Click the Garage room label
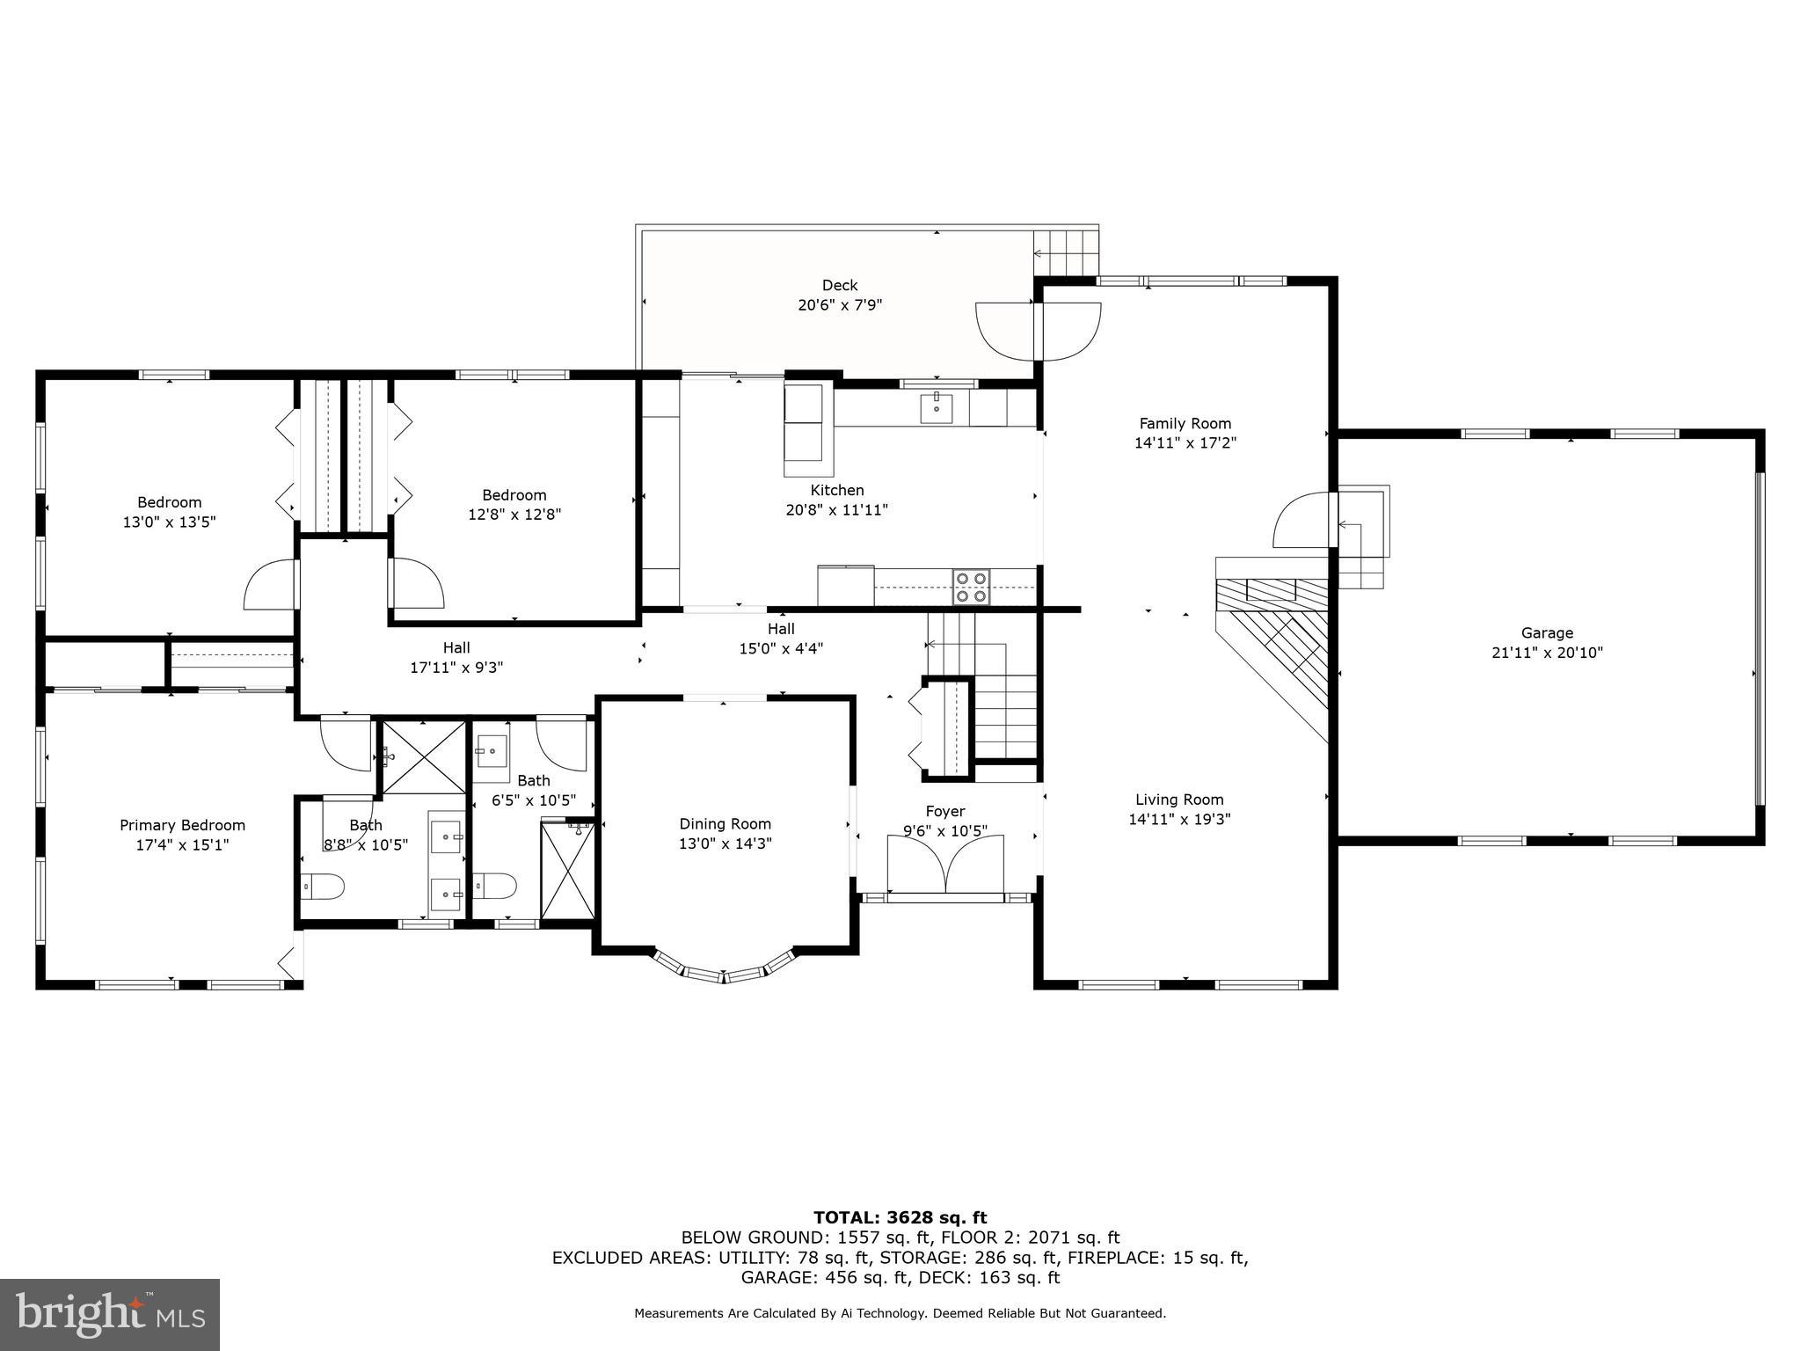pos(1547,632)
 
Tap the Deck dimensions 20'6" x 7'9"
pos(839,305)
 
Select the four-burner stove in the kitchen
pos(971,587)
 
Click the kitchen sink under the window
pos(937,406)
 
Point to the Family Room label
pos(1185,423)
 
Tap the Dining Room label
pos(725,823)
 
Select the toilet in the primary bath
pos(321,887)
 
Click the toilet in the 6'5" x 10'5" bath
pos(494,886)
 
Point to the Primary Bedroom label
pos(182,825)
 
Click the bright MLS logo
pos(110,1315)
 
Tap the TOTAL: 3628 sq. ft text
pos(900,1217)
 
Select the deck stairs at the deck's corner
pos(1065,253)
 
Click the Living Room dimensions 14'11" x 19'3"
pos(1179,819)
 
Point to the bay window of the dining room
pos(724,971)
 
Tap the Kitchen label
pos(836,490)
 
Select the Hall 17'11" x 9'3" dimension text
pos(456,668)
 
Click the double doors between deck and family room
pos(1039,331)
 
